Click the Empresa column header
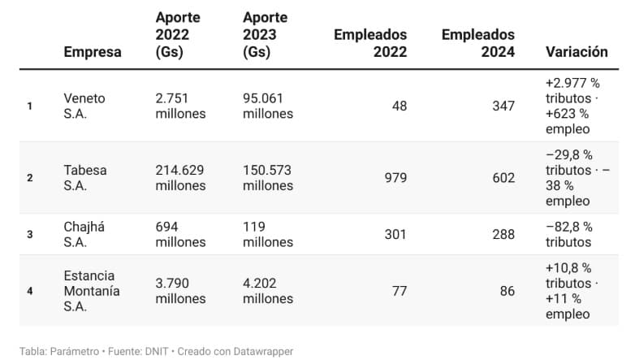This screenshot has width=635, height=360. pyautogui.click(x=93, y=52)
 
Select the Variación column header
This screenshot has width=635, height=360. pyautogui.click(x=577, y=52)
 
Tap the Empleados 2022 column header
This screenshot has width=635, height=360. pyautogui.click(x=370, y=43)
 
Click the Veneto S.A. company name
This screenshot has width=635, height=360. pyautogui.click(x=84, y=106)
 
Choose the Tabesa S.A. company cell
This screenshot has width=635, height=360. pyautogui.click(x=84, y=178)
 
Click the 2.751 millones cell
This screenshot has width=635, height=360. pyautogui.click(x=180, y=106)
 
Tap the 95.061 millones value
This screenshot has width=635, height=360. pyautogui.click(x=268, y=106)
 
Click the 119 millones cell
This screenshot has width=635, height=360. pyautogui.click(x=268, y=234)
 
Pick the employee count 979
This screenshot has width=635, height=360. pyautogui.click(x=395, y=178)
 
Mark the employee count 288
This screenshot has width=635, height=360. pyautogui.click(x=503, y=234)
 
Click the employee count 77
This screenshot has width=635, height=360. pyautogui.click(x=400, y=291)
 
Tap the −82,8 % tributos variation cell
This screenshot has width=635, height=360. pyautogui.click(x=569, y=234)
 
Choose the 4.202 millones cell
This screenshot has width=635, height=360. pyautogui.click(x=268, y=291)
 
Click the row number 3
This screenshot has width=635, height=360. pyautogui.click(x=30, y=234)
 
